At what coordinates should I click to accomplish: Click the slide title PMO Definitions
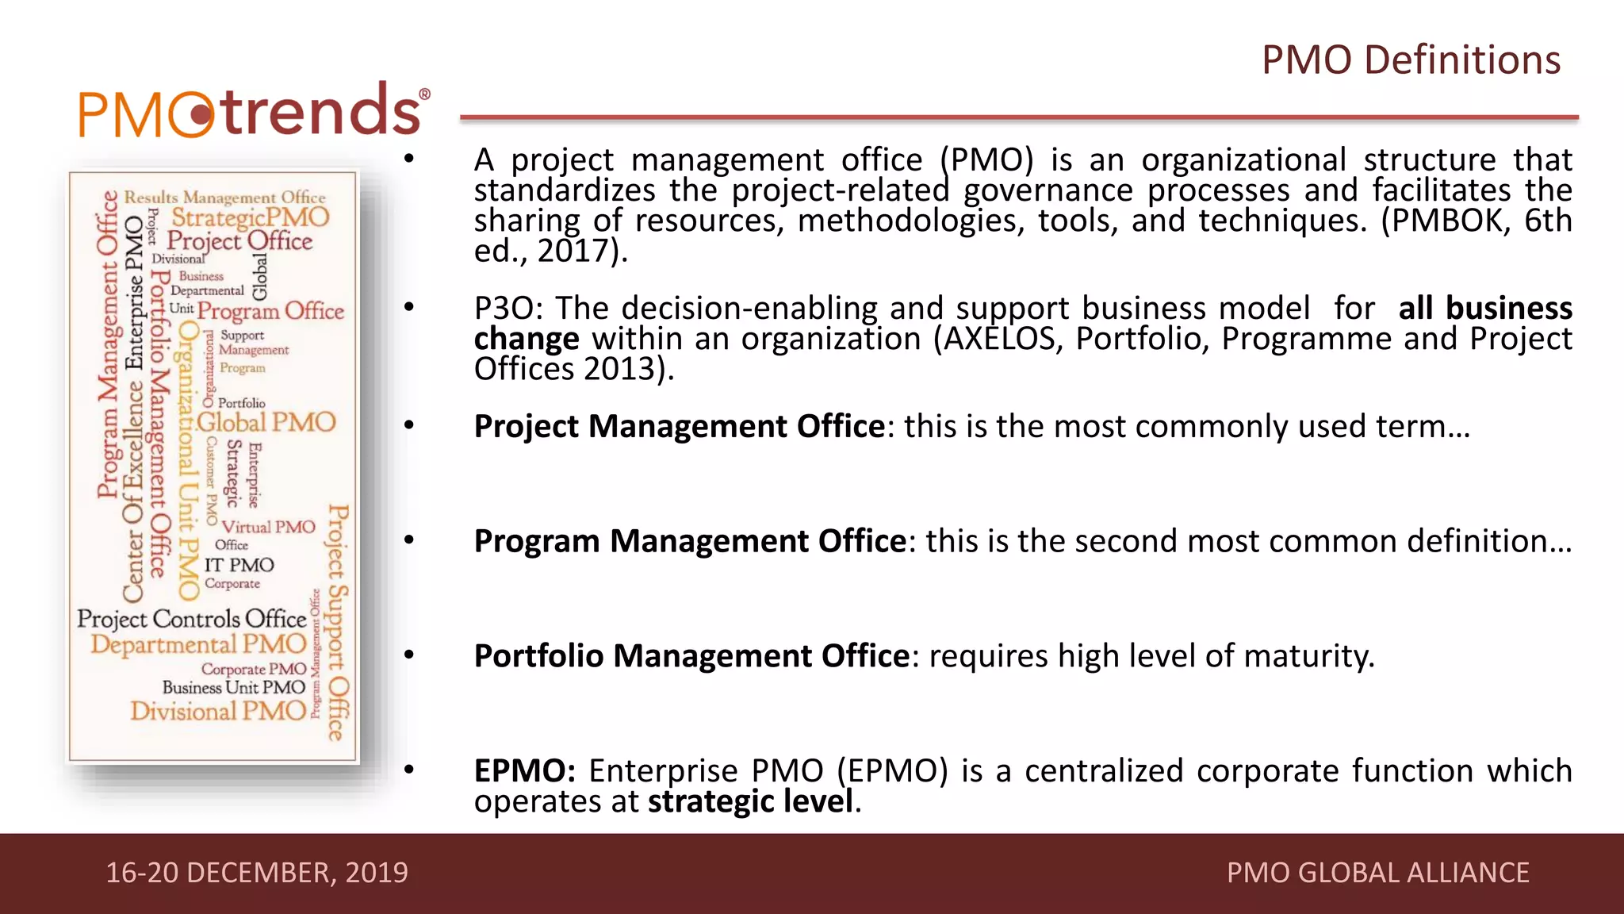coord(1411,60)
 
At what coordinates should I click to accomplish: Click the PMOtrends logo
coord(254,111)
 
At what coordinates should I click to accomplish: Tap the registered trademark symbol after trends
coord(425,94)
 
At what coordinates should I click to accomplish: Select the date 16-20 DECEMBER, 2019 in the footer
coord(257,873)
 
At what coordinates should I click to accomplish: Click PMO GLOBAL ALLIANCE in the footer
coord(1377,873)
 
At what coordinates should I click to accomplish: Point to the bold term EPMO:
coord(525,771)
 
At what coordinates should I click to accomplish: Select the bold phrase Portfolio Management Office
coord(691,656)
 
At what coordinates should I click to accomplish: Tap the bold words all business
coord(1484,308)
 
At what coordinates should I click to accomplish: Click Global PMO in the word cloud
coord(266,422)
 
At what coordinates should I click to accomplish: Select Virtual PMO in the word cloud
coord(268,527)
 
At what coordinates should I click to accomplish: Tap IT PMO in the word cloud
coord(239,565)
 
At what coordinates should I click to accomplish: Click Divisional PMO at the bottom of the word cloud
coord(218,711)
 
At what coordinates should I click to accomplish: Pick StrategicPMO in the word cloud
coord(250,217)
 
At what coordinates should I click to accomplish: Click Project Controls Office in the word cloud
coord(191,619)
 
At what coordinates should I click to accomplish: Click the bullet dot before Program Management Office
coord(409,540)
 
